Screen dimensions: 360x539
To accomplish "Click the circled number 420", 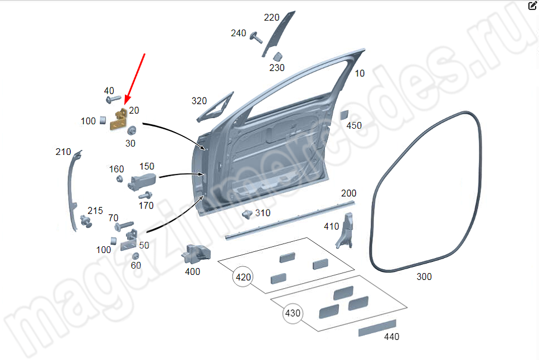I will [243, 277].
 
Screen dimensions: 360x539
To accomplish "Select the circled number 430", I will [293, 313].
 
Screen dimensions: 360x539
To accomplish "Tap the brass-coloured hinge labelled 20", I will [118, 120].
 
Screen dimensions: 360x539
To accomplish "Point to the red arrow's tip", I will [125, 104].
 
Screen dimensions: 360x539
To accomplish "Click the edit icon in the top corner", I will [532, 6].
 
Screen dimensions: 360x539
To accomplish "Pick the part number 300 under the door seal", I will [424, 276].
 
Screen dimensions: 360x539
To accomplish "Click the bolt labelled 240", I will [257, 37].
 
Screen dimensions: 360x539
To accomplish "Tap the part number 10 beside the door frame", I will [360, 74].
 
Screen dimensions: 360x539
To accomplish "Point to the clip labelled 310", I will [247, 215].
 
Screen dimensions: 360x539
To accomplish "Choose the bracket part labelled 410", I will [346, 230].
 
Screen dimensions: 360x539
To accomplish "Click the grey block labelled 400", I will [196, 254].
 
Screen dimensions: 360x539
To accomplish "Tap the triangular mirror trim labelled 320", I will [213, 109].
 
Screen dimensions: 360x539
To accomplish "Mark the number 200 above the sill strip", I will [348, 193].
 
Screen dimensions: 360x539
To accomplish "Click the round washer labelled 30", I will [133, 131].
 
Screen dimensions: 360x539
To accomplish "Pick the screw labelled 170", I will [145, 196].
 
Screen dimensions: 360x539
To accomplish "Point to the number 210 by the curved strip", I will [63, 152].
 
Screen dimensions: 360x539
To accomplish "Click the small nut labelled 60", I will [135, 256].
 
